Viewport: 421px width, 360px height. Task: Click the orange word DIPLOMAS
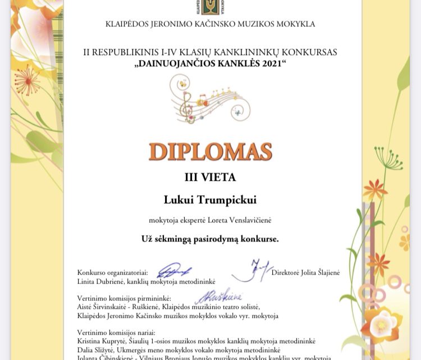click(x=210, y=152)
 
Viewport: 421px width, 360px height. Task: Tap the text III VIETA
click(x=210, y=177)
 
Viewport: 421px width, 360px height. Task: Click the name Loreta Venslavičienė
click(x=236, y=221)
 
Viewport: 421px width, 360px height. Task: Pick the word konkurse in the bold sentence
click(x=260, y=239)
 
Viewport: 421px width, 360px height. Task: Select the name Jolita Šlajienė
click(x=315, y=272)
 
